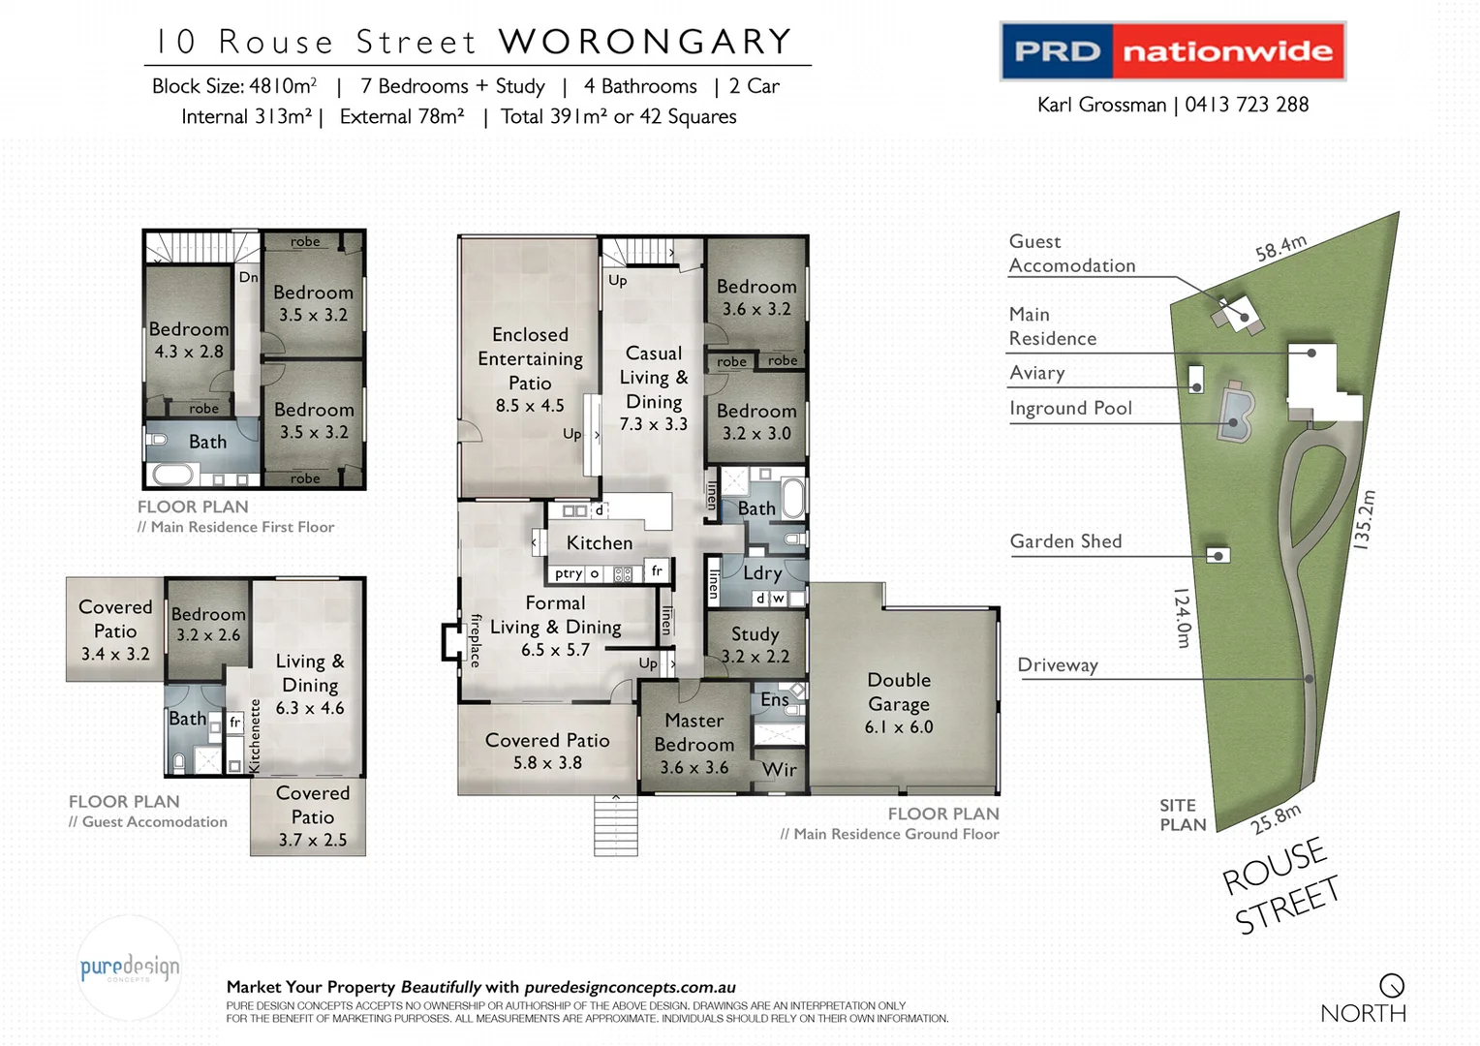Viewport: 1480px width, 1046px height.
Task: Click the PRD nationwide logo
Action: [1172, 51]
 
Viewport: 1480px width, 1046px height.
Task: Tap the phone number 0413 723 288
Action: [1247, 105]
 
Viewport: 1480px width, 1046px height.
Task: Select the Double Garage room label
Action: [899, 703]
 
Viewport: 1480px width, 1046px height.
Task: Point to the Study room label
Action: [755, 634]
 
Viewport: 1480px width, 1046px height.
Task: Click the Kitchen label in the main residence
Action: [600, 543]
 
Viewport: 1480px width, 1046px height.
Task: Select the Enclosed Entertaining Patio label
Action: [530, 359]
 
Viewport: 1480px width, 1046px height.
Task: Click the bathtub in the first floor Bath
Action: [173, 476]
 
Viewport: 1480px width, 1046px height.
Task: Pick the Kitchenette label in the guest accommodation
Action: [255, 736]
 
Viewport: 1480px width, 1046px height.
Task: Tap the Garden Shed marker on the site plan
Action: [1218, 555]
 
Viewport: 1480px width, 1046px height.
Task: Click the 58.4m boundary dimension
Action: [1280, 249]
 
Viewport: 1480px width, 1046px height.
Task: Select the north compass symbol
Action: [1392, 986]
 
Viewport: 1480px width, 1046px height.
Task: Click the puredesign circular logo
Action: [130, 968]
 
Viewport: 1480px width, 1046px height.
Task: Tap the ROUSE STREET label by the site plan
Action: [1280, 886]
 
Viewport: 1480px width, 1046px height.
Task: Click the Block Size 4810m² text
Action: [234, 86]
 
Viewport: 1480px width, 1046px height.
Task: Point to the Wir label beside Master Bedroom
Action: [779, 770]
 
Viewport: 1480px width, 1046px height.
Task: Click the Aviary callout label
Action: [1036, 373]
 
